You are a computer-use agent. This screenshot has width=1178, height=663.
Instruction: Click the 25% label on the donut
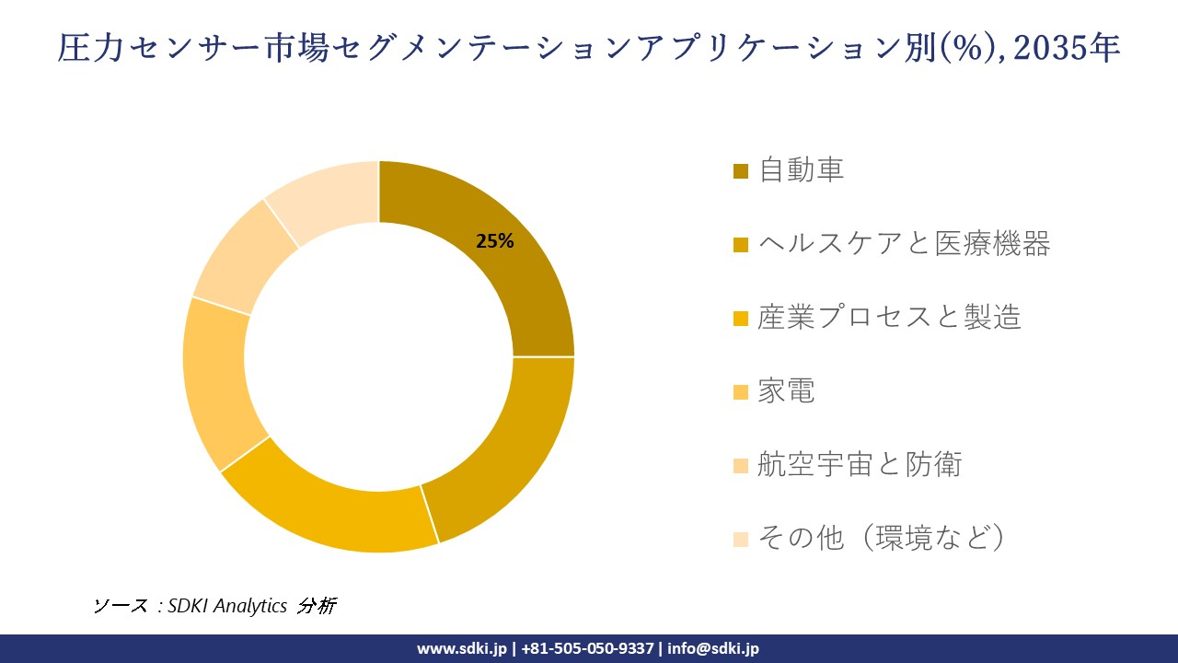pos(494,242)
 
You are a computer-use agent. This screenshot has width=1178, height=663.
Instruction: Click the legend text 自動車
pos(802,170)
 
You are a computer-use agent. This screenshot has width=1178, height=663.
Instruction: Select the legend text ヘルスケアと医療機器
pos(904,244)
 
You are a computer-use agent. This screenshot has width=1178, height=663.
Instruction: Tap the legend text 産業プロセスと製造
pos(889,318)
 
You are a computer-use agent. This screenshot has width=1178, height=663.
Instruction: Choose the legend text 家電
pos(787,391)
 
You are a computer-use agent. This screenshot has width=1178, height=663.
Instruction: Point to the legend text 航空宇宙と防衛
pos(860,465)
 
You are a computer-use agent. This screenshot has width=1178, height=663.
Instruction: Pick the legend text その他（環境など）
pos(880,538)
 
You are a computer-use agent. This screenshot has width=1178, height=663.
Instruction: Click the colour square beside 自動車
pos(741,171)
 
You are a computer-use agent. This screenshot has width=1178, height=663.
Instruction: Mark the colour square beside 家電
pos(741,392)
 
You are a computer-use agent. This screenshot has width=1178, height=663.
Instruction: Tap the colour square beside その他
pos(741,540)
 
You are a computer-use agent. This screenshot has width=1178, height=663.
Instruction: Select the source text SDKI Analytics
pos(227,606)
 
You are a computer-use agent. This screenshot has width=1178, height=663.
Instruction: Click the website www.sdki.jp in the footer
pos(462,648)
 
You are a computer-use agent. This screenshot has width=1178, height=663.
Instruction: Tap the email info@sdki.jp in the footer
pos(713,648)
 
